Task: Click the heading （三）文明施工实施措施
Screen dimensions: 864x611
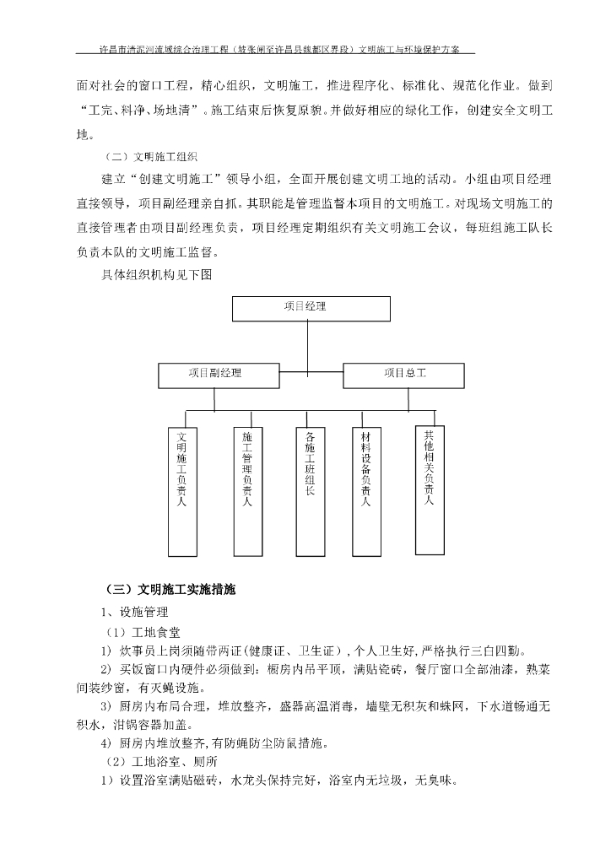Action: click(169, 589)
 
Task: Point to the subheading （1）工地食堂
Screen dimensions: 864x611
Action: click(142, 631)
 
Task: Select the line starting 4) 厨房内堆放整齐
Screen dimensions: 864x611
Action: click(220, 743)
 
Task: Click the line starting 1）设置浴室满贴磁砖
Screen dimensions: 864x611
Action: click(279, 780)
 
